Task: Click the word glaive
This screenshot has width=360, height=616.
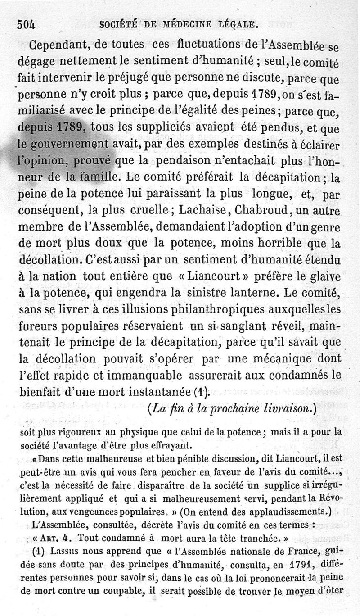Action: (325, 277)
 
